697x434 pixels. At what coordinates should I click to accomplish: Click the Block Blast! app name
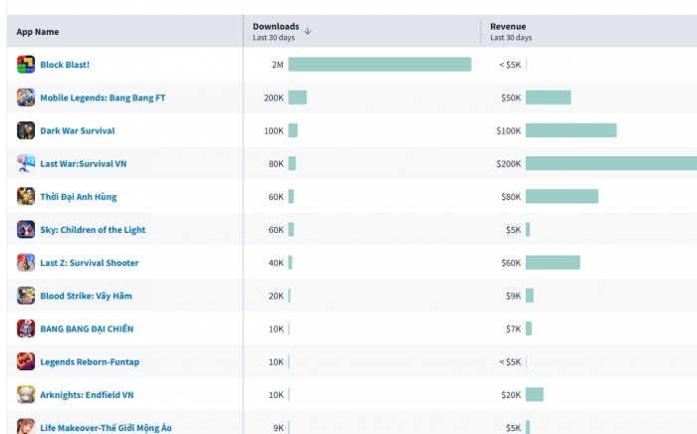click(x=65, y=65)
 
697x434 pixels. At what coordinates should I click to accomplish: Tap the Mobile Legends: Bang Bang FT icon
click(x=26, y=98)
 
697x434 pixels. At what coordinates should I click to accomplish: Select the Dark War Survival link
click(x=77, y=130)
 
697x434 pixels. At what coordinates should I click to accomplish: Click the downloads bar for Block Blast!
click(x=379, y=65)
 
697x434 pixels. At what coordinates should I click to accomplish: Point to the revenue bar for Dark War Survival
click(x=571, y=130)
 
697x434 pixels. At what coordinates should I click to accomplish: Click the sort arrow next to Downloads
click(x=308, y=31)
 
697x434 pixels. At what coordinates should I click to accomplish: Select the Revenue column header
click(x=508, y=27)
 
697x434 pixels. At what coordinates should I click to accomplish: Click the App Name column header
click(x=38, y=32)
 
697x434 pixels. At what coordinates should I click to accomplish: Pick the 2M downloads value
click(x=277, y=65)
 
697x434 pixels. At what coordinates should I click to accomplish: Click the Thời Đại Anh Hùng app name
click(x=78, y=197)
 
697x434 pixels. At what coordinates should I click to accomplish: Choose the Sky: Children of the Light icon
click(x=26, y=230)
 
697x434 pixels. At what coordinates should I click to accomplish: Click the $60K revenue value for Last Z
click(x=510, y=263)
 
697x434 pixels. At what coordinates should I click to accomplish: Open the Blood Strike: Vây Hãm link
click(x=86, y=296)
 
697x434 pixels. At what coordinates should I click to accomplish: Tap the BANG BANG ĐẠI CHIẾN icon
click(x=26, y=328)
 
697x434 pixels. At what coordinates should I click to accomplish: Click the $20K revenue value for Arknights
click(x=510, y=394)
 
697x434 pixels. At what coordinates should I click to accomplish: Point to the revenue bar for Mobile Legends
click(x=548, y=98)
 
